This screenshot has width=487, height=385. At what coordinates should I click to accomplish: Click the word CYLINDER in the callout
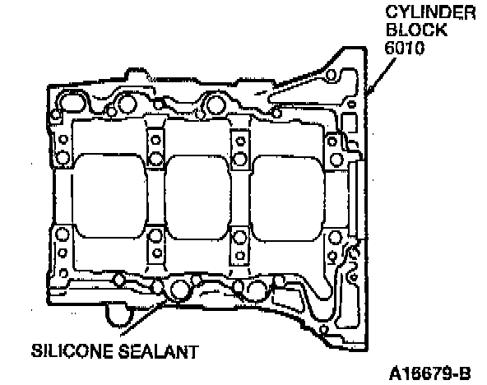(x=430, y=12)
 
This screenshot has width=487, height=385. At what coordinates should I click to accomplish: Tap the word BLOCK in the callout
(x=416, y=30)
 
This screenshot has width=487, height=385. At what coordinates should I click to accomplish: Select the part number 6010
(x=405, y=48)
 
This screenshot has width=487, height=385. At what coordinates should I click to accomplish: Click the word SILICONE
(x=72, y=350)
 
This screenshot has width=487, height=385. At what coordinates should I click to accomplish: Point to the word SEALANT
(x=159, y=351)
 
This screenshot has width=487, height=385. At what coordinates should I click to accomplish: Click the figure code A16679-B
(x=430, y=373)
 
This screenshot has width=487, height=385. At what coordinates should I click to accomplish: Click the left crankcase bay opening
(x=109, y=196)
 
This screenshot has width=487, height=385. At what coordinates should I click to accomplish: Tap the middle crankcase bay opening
(x=197, y=197)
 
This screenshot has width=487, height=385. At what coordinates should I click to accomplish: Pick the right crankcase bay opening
(x=287, y=198)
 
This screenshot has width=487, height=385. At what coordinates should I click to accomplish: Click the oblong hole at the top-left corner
(x=72, y=103)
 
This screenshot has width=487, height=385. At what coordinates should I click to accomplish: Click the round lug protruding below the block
(x=118, y=315)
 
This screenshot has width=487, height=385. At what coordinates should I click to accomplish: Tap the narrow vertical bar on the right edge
(x=356, y=199)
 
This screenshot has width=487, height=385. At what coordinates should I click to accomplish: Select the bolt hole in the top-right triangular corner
(x=331, y=75)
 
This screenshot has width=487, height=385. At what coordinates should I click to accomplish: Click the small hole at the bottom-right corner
(x=323, y=329)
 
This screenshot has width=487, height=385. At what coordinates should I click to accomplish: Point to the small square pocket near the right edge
(x=349, y=123)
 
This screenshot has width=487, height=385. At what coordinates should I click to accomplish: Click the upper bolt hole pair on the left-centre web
(x=155, y=149)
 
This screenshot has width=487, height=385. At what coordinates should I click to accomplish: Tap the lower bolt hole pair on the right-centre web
(x=239, y=246)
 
